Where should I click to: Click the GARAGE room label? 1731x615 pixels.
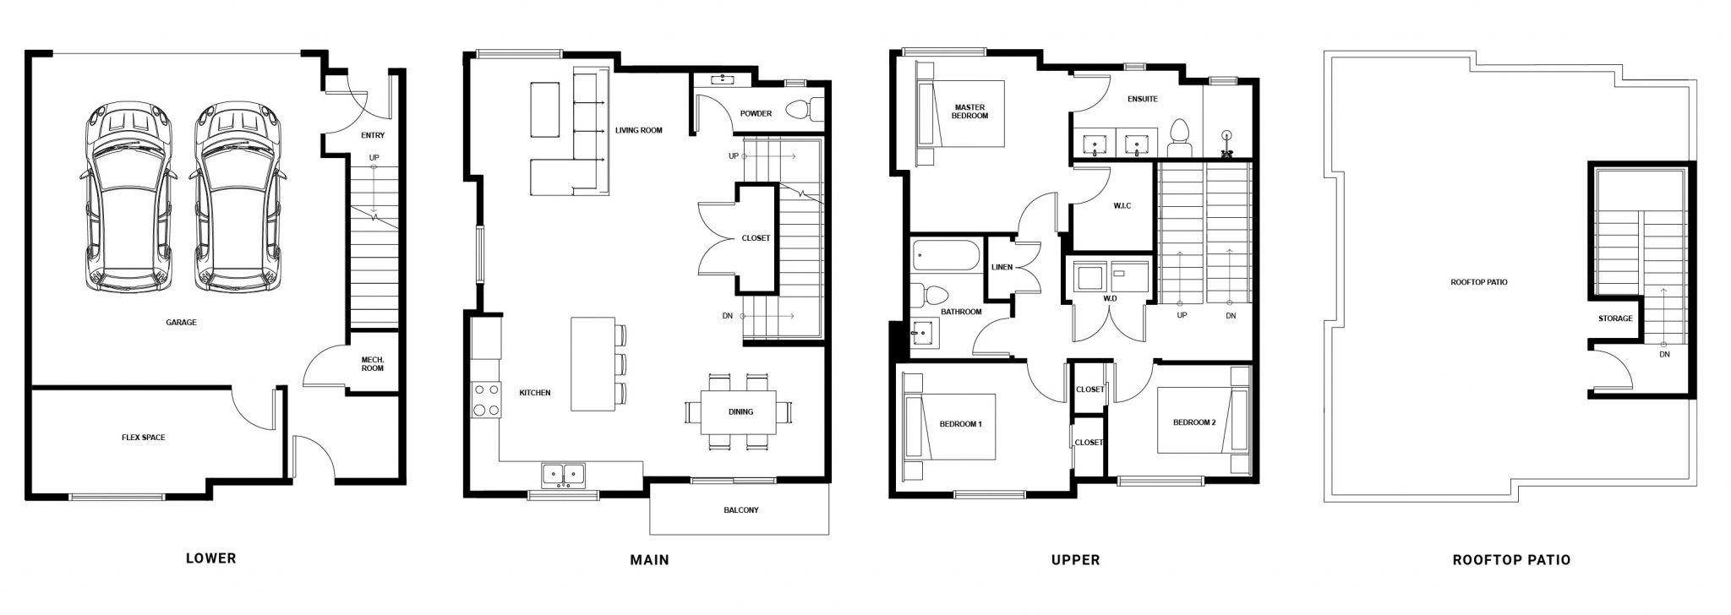[x=181, y=322]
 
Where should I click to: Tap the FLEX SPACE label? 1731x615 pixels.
[x=144, y=438]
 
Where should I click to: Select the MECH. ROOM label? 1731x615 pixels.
[x=372, y=363]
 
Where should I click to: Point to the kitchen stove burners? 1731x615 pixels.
[x=485, y=400]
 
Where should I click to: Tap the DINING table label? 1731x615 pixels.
[x=740, y=412]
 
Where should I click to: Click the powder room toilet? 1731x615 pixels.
[x=803, y=110]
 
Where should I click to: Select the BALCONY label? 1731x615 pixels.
[x=741, y=510]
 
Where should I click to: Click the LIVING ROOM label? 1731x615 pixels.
[x=639, y=130]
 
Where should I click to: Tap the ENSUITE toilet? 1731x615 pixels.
[x=1179, y=139]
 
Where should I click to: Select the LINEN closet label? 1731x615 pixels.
[x=1002, y=268]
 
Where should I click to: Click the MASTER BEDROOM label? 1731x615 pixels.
[x=969, y=112]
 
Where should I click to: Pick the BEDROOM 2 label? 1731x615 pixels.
[x=1194, y=422]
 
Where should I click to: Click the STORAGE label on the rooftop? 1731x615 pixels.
[x=1615, y=318]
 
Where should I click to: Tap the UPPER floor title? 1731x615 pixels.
[x=1075, y=559]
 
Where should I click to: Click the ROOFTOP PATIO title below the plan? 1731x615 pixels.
[x=1511, y=559]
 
